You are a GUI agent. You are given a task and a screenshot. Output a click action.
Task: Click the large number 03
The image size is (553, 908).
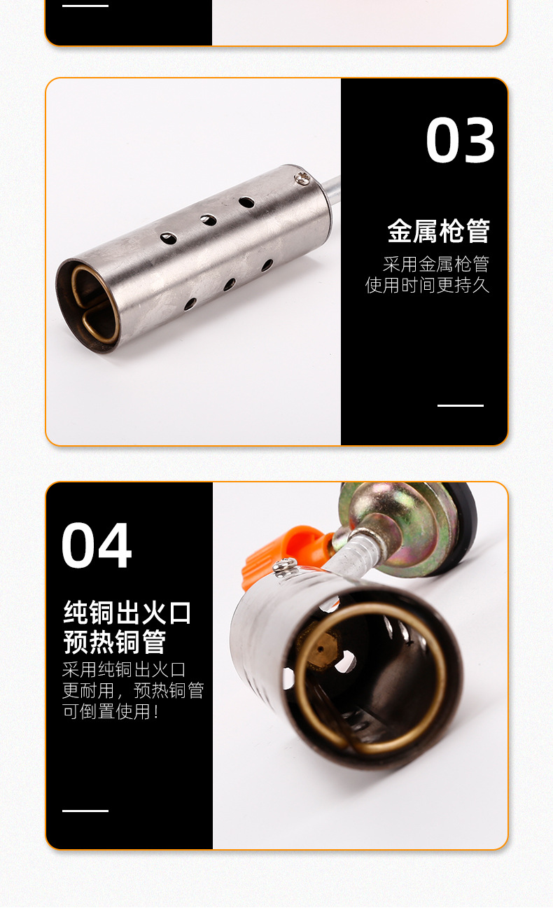pyautogui.click(x=461, y=141)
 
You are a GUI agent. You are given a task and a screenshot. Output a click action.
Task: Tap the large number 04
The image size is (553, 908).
pyautogui.click(x=97, y=545)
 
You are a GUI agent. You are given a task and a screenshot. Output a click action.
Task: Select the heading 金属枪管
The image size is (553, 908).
pyautogui.click(x=438, y=231)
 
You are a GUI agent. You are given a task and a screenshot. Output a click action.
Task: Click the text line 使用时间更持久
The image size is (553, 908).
pyautogui.click(x=427, y=286)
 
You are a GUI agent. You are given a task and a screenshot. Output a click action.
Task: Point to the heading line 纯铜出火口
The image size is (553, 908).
pyautogui.click(x=127, y=613)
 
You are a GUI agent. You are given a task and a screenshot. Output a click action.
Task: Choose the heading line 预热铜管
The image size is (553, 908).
pyautogui.click(x=114, y=641)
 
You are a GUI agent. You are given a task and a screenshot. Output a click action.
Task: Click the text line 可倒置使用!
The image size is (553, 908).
pyautogui.click(x=111, y=712)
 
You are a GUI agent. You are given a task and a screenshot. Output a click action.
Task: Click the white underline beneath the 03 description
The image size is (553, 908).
pyautogui.click(x=460, y=405)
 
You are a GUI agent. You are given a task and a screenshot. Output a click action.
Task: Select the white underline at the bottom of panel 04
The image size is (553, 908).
pyautogui.click(x=85, y=811)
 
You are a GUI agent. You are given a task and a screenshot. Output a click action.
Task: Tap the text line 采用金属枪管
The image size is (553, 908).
pyautogui.click(x=435, y=265)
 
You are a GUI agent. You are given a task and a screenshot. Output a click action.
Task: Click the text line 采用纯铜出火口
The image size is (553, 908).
pyautogui.click(x=124, y=670)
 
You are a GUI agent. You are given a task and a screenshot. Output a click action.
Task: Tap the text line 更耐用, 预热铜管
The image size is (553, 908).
pyautogui.click(x=132, y=691)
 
